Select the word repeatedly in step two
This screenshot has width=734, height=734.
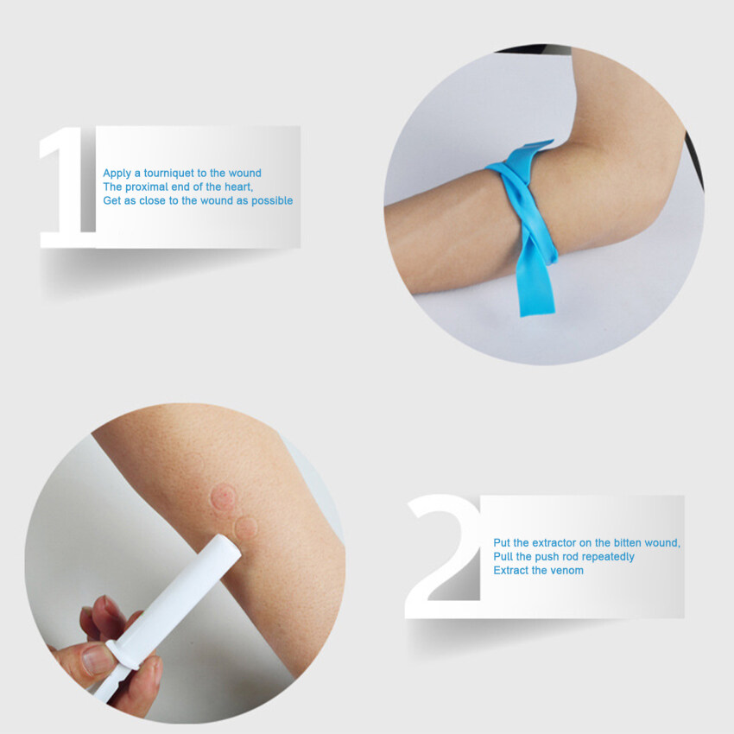tap(604, 556)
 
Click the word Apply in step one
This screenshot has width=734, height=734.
tap(117, 173)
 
